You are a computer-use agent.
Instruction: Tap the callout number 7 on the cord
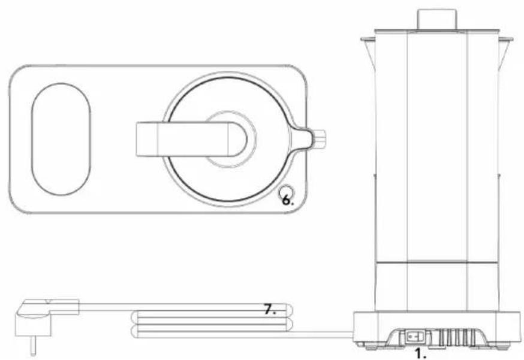(x=270, y=310)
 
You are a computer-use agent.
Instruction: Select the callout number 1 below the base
(x=420, y=353)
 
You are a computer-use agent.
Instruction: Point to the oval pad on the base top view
(x=61, y=139)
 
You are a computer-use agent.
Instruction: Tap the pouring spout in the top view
(x=302, y=138)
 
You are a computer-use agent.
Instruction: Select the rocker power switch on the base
(x=415, y=337)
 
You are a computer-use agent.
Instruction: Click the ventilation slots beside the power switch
(x=457, y=338)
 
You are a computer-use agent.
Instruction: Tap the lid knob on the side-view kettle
(x=437, y=19)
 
